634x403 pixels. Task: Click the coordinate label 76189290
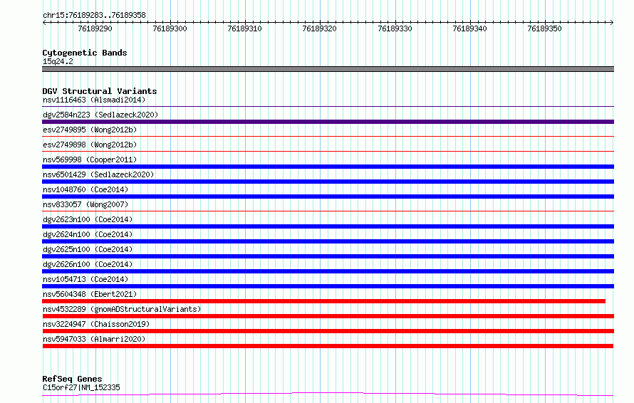tap(95, 28)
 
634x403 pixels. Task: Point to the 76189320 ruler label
tap(319, 28)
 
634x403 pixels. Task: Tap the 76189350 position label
tap(545, 28)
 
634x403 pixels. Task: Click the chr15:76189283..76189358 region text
tap(94, 16)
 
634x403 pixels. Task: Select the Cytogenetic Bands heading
tap(85, 53)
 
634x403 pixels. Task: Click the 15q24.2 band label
tap(58, 61)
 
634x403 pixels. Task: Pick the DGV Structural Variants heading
tap(100, 91)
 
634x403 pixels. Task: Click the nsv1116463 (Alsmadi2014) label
tap(94, 100)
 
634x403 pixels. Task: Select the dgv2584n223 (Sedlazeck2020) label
tap(100, 115)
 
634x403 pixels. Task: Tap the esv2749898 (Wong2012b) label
tap(90, 145)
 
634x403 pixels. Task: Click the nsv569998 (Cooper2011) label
tap(90, 159)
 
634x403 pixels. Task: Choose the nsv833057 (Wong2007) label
tap(85, 204)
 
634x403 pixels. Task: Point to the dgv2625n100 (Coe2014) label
tap(88, 249)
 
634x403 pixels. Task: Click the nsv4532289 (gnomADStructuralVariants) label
tap(122, 309)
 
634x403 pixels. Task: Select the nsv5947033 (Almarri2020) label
tap(94, 339)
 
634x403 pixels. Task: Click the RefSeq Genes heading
tap(72, 379)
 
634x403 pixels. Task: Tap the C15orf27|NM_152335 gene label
tap(81, 387)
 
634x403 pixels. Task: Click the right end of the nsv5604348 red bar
tap(605, 301)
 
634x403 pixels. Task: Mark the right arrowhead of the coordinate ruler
tap(612, 23)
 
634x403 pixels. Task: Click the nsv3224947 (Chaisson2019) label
tap(96, 324)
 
